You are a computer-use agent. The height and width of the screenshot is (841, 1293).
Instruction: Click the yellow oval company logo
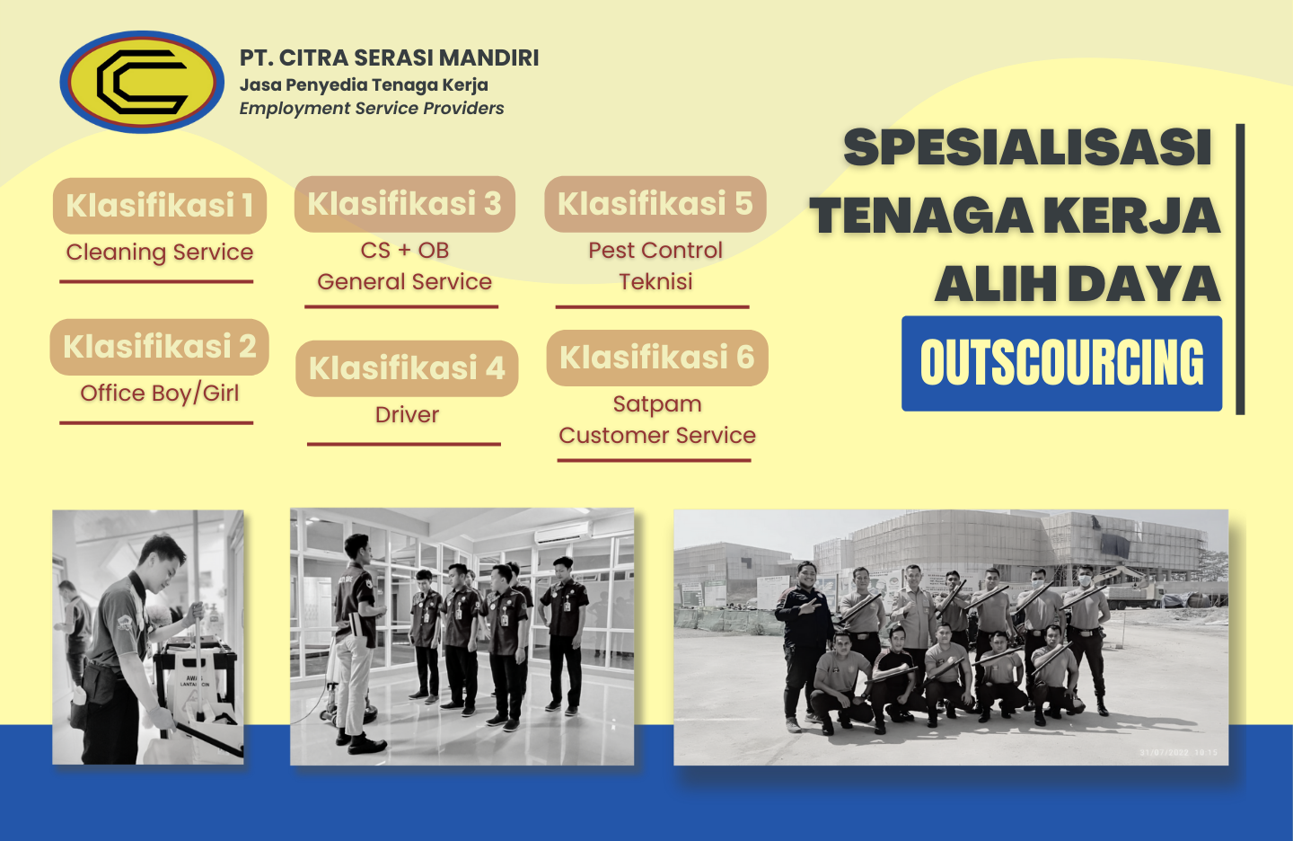[x=142, y=82]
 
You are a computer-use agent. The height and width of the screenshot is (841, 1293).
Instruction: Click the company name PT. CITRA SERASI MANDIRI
[x=389, y=58]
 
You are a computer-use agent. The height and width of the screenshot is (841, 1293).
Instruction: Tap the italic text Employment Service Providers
[x=372, y=109]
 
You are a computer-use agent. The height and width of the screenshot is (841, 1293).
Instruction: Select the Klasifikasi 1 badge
[x=160, y=206]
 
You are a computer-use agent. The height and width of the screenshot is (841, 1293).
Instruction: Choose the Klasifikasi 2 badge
[x=159, y=347]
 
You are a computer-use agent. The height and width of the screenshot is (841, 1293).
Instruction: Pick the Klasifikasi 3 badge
[x=405, y=204]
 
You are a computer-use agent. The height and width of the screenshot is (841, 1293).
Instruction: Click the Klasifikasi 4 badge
[x=407, y=368]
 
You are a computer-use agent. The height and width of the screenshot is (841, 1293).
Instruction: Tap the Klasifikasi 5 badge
[x=655, y=204]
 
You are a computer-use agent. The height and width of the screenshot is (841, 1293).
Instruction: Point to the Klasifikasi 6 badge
[x=657, y=358]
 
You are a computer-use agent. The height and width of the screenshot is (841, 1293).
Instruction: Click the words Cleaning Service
[x=159, y=252]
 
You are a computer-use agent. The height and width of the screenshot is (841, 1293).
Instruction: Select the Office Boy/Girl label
[x=159, y=394]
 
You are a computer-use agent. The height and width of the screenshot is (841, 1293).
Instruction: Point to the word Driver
[x=407, y=415]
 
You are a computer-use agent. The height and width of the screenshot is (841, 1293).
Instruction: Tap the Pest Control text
[x=655, y=250]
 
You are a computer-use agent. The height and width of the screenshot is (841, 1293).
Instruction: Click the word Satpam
[x=657, y=404]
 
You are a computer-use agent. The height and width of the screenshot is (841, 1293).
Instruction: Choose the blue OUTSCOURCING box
[x=1061, y=363]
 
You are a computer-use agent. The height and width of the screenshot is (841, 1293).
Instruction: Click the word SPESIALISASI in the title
[x=1027, y=147]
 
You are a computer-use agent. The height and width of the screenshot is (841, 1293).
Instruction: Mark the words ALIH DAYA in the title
[x=1077, y=284]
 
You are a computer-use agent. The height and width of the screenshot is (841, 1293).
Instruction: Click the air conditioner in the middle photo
[x=562, y=532]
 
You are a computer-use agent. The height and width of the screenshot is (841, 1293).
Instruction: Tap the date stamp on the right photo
[x=1179, y=753]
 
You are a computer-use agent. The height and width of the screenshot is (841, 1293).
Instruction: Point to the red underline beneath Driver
[x=404, y=444]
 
